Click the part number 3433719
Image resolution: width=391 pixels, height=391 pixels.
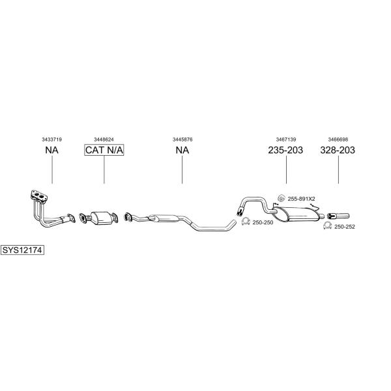[52, 139]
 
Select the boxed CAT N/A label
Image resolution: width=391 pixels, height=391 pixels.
[104, 150]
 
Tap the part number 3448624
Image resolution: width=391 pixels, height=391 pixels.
[104, 139]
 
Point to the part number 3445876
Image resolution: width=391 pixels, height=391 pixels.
[182, 139]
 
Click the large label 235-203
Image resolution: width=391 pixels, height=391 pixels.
[285, 150]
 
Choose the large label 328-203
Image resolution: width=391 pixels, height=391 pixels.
[338, 150]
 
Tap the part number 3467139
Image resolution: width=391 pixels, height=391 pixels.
[286, 139]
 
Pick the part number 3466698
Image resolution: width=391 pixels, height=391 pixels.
[338, 139]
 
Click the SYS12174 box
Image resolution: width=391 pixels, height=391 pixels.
[22, 250]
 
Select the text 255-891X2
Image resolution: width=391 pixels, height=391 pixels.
[301, 199]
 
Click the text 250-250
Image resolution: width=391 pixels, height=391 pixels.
[263, 222]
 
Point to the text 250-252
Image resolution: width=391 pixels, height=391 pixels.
[345, 227]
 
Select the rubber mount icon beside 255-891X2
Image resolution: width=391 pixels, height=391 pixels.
[282, 198]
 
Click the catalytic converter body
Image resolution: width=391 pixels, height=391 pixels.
[102, 218]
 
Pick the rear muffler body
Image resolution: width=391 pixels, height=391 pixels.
[297, 214]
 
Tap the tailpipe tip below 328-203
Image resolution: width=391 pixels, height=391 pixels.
[338, 216]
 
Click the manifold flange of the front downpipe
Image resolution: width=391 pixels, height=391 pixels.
[39, 195]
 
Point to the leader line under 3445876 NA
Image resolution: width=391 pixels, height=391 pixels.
[182, 170]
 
